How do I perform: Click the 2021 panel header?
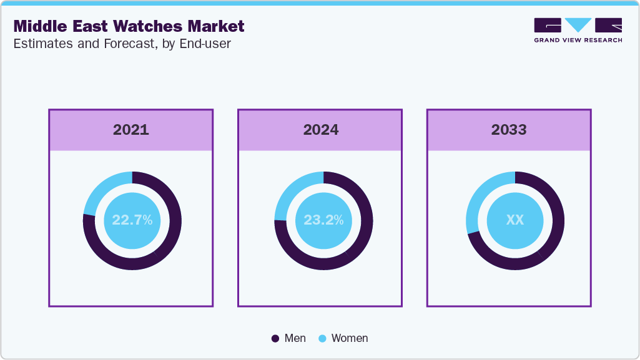pyautogui.click(x=131, y=130)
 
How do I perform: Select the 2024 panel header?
pyautogui.click(x=320, y=130)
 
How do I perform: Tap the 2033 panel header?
pyautogui.click(x=509, y=130)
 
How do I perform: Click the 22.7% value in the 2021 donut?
pyautogui.click(x=132, y=220)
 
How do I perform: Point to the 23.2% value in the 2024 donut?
pyautogui.click(x=323, y=220)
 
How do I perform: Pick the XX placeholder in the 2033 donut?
pyautogui.click(x=514, y=220)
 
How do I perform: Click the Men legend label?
pyautogui.click(x=295, y=338)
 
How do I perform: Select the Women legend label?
pyautogui.click(x=350, y=338)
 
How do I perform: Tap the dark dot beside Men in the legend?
pyautogui.click(x=275, y=338)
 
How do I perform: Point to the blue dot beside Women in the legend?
pyautogui.click(x=323, y=338)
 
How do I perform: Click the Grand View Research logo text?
pyautogui.click(x=578, y=40)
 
